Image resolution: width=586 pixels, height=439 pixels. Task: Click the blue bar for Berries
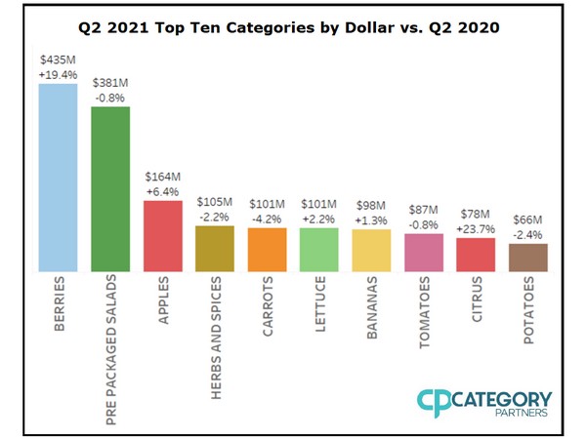58,177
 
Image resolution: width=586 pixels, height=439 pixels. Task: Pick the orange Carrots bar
267,249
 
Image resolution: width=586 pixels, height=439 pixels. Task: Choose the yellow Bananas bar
371,250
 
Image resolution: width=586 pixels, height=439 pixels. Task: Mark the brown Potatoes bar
527,257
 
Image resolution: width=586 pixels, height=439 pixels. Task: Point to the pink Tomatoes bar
423,252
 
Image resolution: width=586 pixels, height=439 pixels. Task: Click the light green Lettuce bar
318,249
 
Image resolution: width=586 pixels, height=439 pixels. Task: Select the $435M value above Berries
58,60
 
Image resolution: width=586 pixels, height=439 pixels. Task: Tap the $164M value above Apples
162,177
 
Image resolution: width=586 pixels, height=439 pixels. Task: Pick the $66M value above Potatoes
527,221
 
